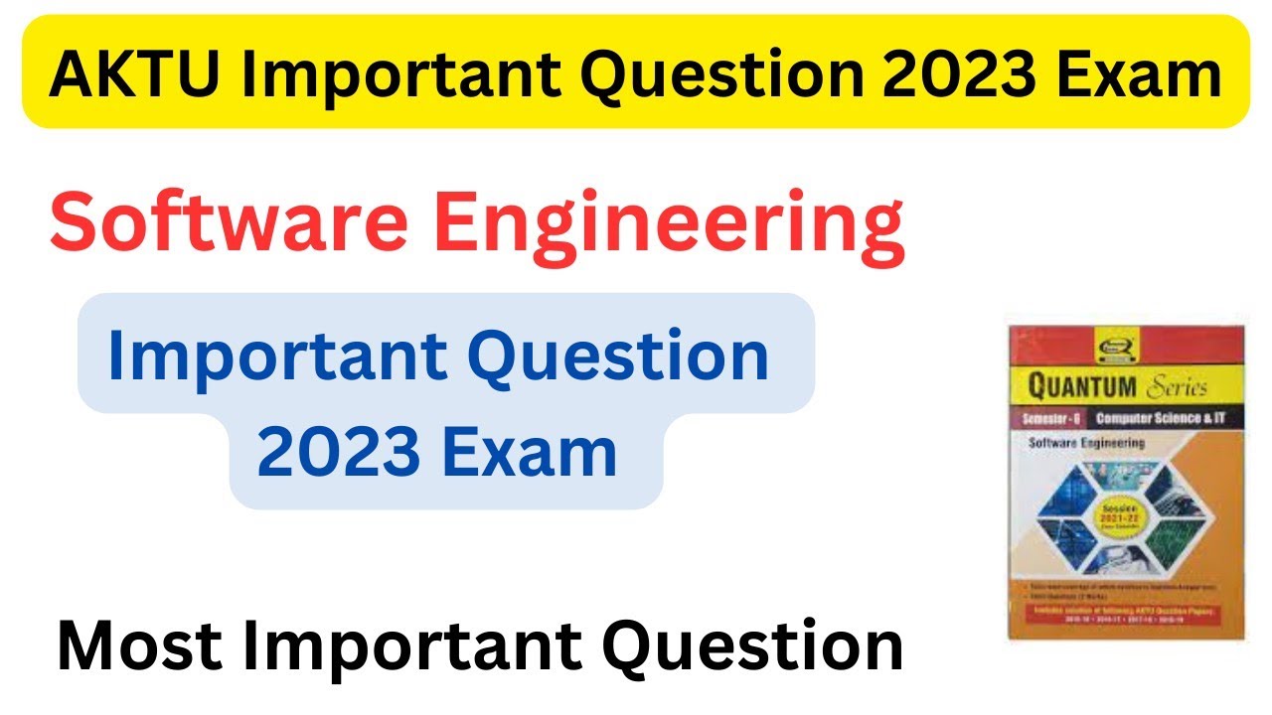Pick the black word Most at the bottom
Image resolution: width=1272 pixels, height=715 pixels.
pyautogui.click(x=134, y=647)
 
